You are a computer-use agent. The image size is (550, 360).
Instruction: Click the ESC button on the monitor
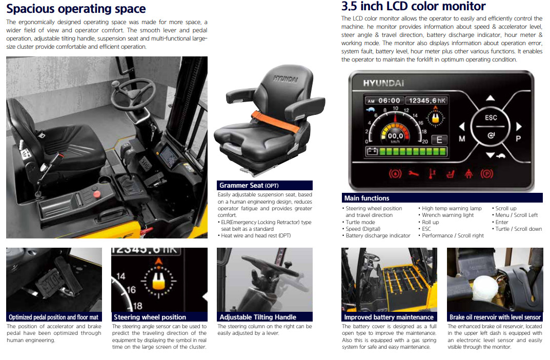[x=491, y=117]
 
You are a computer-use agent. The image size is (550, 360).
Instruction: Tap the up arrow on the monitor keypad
[x=491, y=98]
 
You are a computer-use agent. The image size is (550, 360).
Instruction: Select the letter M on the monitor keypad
[x=462, y=139]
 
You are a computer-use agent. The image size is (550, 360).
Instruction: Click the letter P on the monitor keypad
[x=518, y=139]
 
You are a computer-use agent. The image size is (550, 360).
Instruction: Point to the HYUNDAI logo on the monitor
[x=383, y=83]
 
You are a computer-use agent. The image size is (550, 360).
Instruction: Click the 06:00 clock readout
[x=385, y=101]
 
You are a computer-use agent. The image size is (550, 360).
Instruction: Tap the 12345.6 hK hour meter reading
[x=427, y=101]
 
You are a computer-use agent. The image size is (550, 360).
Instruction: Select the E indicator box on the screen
[x=439, y=140]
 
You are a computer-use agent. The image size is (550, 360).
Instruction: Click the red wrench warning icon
[x=414, y=173]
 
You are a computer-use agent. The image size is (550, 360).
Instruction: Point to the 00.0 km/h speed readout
[x=395, y=137]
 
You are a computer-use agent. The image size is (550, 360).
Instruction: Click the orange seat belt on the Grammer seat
[x=275, y=121]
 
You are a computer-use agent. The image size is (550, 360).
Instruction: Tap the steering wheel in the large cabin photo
[x=133, y=94]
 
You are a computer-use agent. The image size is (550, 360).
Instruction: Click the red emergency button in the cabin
[x=97, y=194]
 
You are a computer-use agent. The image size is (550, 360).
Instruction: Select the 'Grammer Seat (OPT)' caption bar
[x=264, y=185]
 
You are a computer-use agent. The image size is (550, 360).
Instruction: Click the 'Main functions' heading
[x=366, y=198]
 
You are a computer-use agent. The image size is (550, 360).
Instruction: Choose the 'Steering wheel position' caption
[x=150, y=317]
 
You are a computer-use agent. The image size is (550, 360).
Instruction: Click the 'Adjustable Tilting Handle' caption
[x=258, y=317]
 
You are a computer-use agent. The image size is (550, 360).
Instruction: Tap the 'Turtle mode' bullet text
[x=360, y=222]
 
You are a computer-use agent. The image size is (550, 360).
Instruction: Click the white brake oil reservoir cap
[x=485, y=288]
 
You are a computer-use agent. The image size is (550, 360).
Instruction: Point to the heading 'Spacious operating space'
[x=76, y=9]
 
